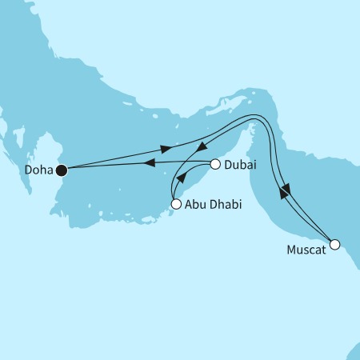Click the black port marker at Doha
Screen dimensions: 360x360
pyautogui.click(x=61, y=170)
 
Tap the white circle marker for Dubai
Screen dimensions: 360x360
pyautogui.click(x=214, y=166)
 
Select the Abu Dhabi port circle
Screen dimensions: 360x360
pyautogui.click(x=175, y=205)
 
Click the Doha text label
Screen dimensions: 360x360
pyautogui.click(x=38, y=170)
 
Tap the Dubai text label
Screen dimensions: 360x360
pyautogui.click(x=241, y=166)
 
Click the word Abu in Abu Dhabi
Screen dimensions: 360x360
pyautogui.click(x=194, y=206)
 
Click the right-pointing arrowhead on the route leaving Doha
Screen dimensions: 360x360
pyautogui.click(x=166, y=150)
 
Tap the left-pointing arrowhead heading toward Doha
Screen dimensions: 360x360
pyautogui.click(x=149, y=163)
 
